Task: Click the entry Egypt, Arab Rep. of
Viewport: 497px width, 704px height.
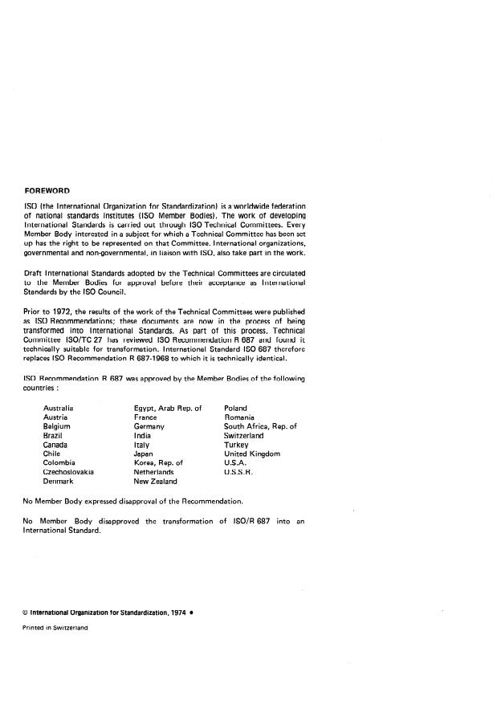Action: coord(168,409)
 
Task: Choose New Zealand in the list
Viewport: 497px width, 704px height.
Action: coord(155,482)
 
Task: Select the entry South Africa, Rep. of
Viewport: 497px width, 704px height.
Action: coord(260,427)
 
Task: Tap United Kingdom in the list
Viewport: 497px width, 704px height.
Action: coord(252,454)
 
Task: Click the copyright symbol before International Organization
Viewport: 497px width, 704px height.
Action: coord(26,612)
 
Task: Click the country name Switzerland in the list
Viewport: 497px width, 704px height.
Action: coord(244,436)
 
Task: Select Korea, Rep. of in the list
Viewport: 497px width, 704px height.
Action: coord(158,463)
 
